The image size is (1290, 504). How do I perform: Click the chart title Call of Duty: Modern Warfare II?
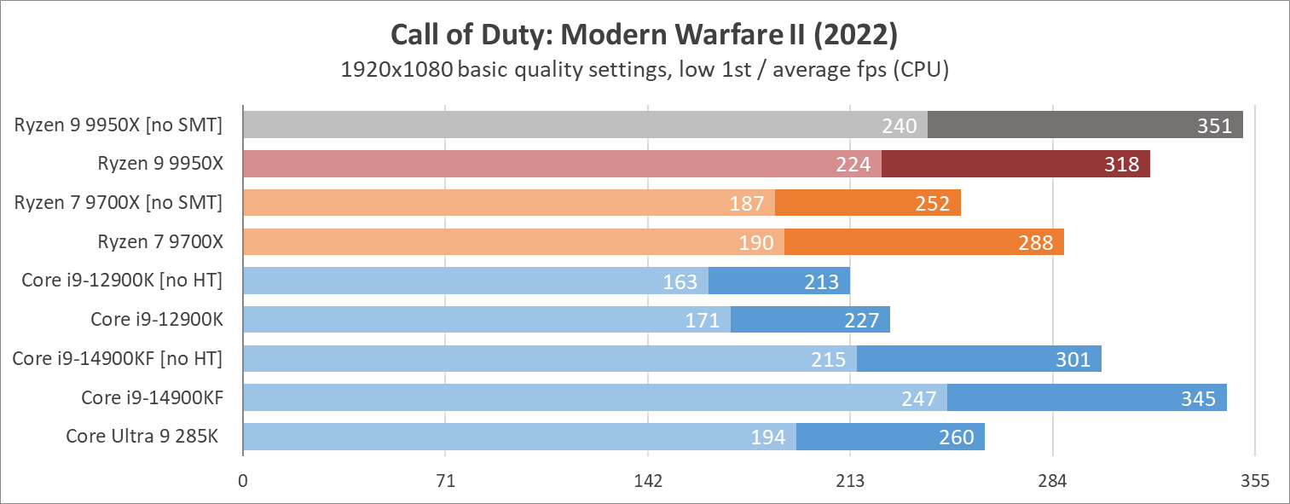(644, 35)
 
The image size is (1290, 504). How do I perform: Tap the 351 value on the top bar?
(1214, 125)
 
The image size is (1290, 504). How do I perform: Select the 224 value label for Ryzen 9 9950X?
(853, 165)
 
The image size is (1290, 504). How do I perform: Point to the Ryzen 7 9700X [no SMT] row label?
(118, 203)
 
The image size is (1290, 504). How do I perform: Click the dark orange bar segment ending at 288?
(923, 242)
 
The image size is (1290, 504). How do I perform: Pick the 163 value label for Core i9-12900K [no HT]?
(680, 281)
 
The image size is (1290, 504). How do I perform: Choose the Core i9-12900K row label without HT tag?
(157, 320)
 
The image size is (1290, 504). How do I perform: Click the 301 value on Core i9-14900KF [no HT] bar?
(1073, 359)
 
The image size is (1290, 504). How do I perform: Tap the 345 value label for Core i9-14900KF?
(1198, 398)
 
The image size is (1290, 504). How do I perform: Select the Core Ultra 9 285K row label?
(142, 437)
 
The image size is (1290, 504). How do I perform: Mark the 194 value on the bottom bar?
(768, 437)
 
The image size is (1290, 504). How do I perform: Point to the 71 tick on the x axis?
(445, 481)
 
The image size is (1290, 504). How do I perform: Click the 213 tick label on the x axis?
(850, 481)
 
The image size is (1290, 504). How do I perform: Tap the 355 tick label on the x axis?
(1254, 481)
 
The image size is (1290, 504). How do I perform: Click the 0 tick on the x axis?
(243, 481)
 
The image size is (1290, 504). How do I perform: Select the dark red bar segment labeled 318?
(1015, 165)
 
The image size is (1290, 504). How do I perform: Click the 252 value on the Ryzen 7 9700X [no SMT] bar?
(932, 204)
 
